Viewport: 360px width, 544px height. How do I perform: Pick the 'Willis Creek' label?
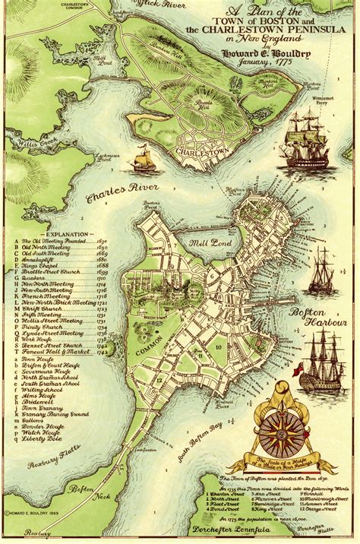coord(25,141)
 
